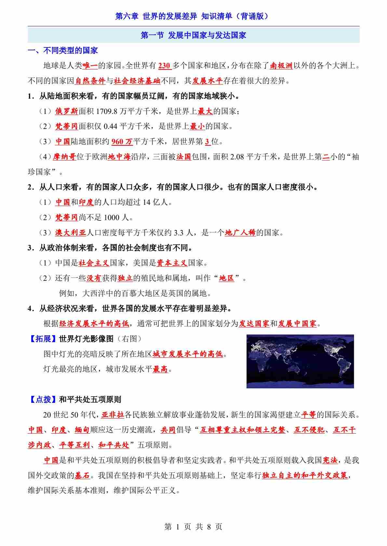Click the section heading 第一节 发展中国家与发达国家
(x=193, y=35)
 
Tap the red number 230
(x=164, y=66)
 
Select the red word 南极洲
(x=281, y=66)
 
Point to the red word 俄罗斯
(x=66, y=111)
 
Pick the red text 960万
(x=122, y=142)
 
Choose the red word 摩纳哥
(x=64, y=157)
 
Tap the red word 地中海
(x=119, y=157)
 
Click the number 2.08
(x=237, y=157)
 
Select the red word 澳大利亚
(x=70, y=233)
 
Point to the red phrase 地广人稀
(x=240, y=233)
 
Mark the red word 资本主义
(x=172, y=263)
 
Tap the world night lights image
(x=300, y=361)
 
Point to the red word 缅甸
(x=82, y=430)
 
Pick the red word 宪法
(x=329, y=460)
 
